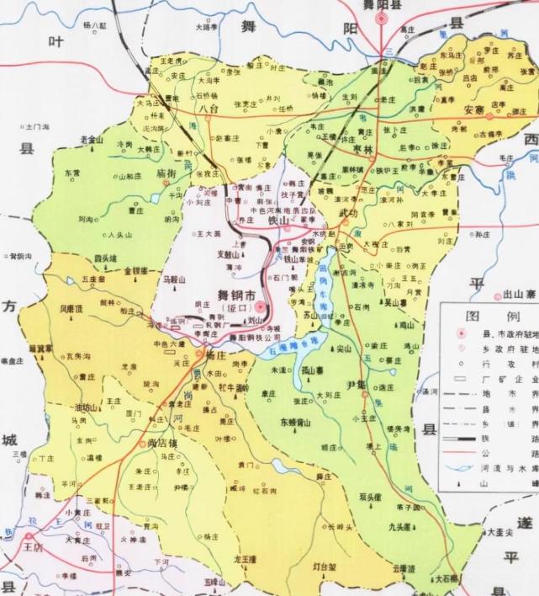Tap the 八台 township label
coord(204,109)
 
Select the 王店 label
coord(33,546)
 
